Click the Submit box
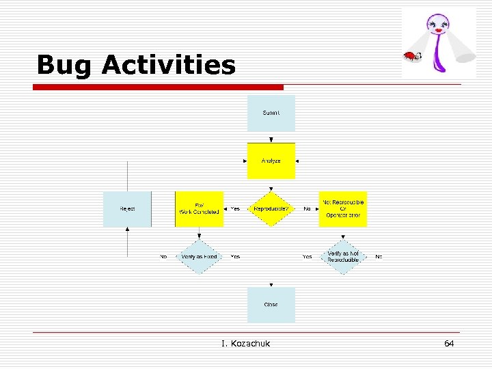pyautogui.click(x=271, y=113)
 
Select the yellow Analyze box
pyautogui.click(x=271, y=161)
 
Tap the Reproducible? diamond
pyautogui.click(x=271, y=209)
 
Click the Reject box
pyautogui.click(x=127, y=209)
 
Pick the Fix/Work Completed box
pyautogui.click(x=199, y=209)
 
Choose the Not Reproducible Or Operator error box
pyautogui.click(x=343, y=209)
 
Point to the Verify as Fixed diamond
pyautogui.click(x=199, y=257)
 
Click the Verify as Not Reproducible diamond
pyautogui.click(x=343, y=257)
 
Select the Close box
pyautogui.click(x=271, y=305)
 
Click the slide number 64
pyautogui.click(x=449, y=343)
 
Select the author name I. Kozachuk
pyautogui.click(x=245, y=343)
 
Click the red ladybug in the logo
pyautogui.click(x=411, y=56)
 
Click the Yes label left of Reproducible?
pyautogui.click(x=235, y=209)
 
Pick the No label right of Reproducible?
pyautogui.click(x=307, y=209)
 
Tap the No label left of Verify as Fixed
pyautogui.click(x=163, y=257)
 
